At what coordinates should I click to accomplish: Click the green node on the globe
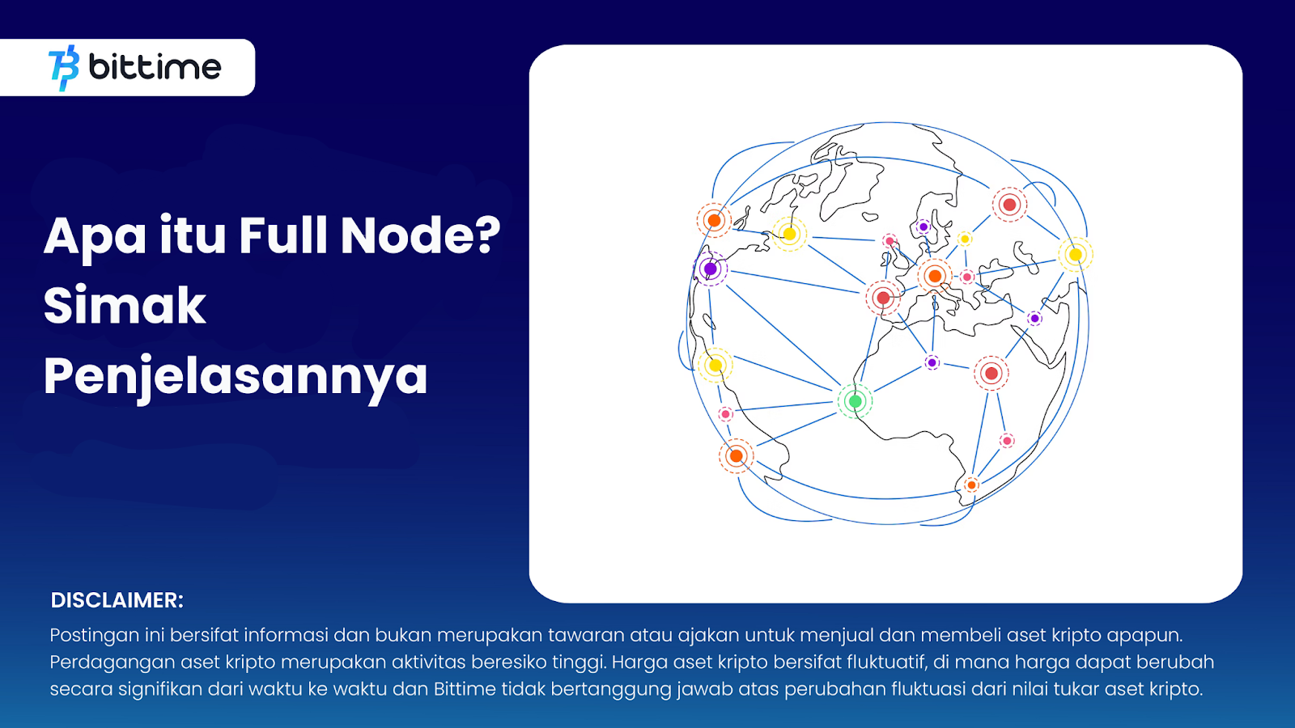click(x=855, y=401)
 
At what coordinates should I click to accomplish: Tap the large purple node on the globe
click(x=711, y=269)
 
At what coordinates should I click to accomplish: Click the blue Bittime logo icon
click(x=64, y=68)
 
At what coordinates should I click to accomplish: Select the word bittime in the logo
click(x=155, y=67)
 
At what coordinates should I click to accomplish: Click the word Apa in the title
click(x=95, y=236)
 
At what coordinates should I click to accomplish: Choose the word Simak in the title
click(x=125, y=305)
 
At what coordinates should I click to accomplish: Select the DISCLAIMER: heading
click(x=117, y=600)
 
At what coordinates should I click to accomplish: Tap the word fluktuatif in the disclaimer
click(x=886, y=662)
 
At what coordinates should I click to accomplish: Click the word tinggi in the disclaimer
click(x=578, y=662)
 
